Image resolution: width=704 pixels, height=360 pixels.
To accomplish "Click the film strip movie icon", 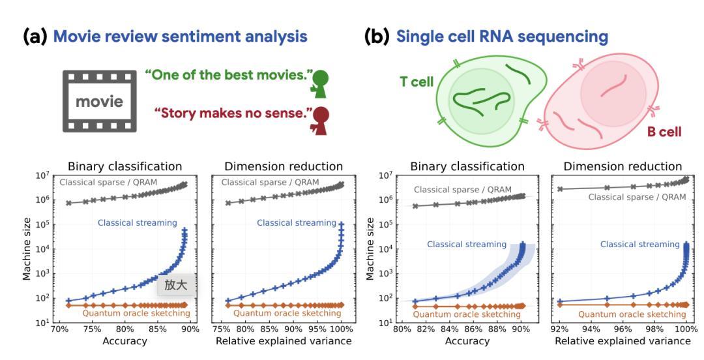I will point(99,101).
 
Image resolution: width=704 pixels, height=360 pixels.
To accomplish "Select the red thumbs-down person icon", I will point(320,121).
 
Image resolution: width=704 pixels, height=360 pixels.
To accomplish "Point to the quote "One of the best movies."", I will point(228,74).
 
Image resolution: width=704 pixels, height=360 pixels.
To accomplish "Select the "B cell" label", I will point(664,132).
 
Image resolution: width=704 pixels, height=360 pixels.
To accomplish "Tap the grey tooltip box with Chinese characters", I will point(176,285).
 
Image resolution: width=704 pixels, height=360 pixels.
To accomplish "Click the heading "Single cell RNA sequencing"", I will point(502,37).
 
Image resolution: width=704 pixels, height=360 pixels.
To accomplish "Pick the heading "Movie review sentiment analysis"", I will point(181,37).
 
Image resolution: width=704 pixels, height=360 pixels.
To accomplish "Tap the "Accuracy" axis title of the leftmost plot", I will point(125,341).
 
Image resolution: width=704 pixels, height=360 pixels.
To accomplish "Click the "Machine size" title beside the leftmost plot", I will point(27,248).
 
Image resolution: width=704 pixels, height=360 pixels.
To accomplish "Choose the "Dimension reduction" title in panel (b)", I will point(623,166).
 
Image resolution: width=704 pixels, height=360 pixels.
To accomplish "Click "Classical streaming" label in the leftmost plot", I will point(137,223).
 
